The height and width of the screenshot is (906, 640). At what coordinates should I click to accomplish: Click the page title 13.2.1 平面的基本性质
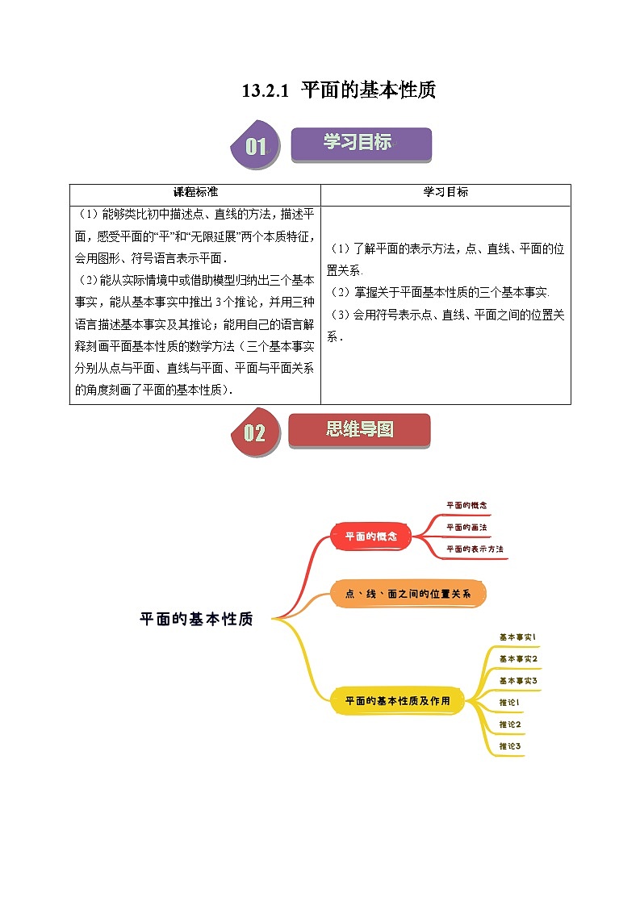tap(339, 90)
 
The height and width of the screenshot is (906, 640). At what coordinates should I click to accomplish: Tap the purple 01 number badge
tap(256, 146)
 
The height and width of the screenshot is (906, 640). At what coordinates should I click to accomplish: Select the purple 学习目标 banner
tap(360, 144)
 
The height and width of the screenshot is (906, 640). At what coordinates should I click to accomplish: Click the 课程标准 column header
tap(195, 193)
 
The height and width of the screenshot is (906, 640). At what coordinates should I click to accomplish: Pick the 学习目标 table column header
tap(445, 193)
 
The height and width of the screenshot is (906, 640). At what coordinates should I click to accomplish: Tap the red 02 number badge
tap(254, 433)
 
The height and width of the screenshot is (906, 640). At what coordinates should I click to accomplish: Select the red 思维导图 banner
tap(359, 430)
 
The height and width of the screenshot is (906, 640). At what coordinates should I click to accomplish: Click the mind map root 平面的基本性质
tap(196, 620)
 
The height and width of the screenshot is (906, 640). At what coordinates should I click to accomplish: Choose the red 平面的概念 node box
tap(372, 536)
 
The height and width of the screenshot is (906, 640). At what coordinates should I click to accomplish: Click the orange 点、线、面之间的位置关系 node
tap(408, 594)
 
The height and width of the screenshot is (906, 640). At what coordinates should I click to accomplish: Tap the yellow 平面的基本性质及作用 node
tap(397, 700)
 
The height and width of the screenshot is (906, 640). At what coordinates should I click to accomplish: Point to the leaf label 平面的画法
tap(466, 527)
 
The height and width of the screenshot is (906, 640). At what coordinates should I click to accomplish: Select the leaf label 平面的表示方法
tap(475, 549)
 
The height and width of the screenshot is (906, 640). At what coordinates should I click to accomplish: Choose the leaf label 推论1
tap(509, 703)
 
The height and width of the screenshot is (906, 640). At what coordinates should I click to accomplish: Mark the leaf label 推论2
tap(510, 724)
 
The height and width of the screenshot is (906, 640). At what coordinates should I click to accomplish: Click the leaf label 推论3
tap(510, 746)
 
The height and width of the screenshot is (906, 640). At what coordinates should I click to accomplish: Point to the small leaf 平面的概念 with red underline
tap(466, 505)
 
